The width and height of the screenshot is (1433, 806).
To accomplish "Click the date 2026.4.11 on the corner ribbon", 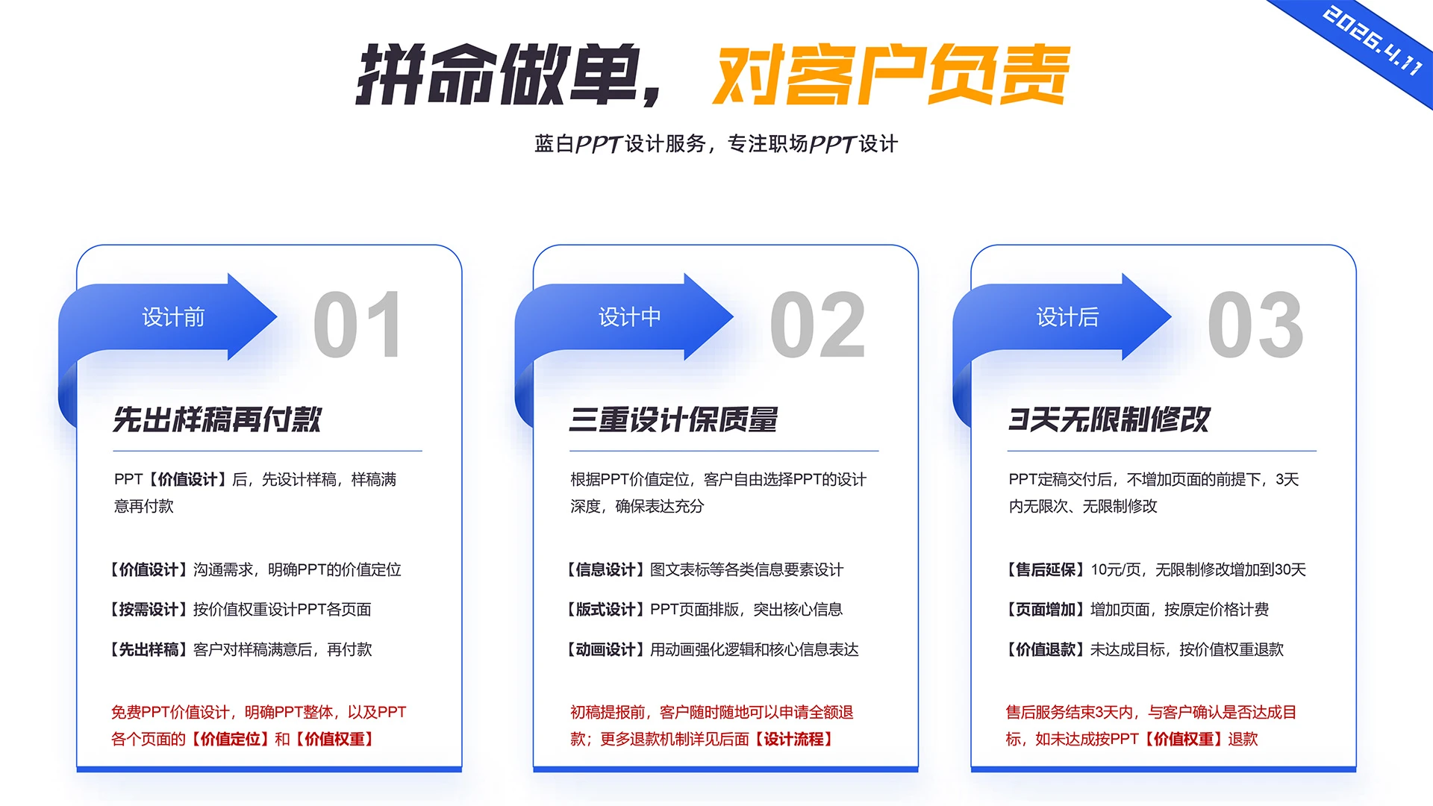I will (1373, 40).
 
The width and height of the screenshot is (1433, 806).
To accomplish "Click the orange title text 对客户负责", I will (890, 75).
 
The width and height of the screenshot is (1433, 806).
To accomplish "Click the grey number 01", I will (358, 325).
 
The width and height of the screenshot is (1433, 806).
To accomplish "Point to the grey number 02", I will (817, 325).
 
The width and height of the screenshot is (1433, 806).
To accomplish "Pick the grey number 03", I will (1255, 325).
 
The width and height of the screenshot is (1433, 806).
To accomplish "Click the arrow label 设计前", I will (173, 317).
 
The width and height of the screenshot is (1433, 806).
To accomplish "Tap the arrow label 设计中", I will (629, 317).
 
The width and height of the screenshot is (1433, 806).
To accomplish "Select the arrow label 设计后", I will (1067, 317).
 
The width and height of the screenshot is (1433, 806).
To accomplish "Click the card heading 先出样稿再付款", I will (216, 419).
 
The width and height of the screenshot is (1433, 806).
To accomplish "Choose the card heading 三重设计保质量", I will (673, 419).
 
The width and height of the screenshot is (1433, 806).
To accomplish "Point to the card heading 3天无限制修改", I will (1109, 419).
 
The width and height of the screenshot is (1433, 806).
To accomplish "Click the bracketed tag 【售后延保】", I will (1045, 570).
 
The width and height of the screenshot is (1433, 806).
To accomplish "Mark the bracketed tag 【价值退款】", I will (1045, 650).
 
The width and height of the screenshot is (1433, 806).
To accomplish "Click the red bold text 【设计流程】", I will (793, 740).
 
